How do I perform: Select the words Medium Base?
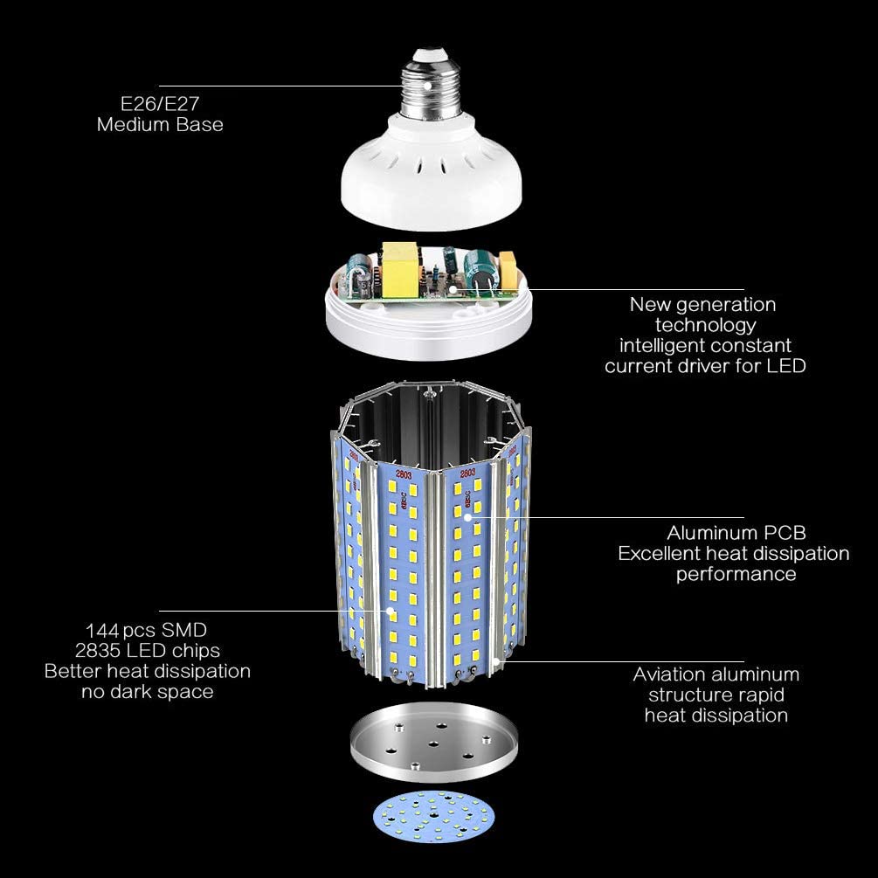[x=160, y=124]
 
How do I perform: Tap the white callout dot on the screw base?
[x=427, y=86]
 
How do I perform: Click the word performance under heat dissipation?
[x=736, y=574]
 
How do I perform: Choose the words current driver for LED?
[x=704, y=366]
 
